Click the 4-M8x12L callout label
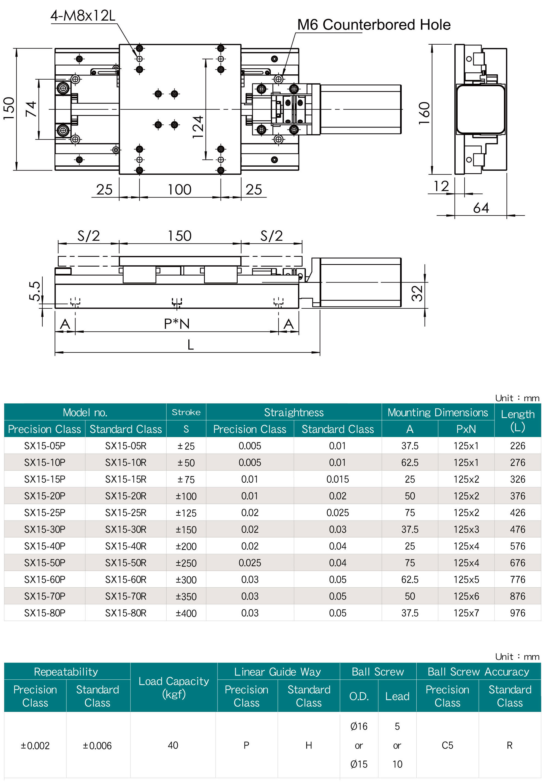(83, 16)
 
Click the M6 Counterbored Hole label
(374, 25)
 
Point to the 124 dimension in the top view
(198, 127)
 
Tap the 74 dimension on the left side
(31, 109)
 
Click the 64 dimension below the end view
(481, 208)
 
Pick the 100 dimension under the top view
(179, 190)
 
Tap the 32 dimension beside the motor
(417, 293)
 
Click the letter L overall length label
(191, 345)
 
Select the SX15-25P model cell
(44, 512)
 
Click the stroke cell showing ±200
(186, 546)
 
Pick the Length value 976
(517, 613)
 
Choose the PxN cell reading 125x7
(466, 613)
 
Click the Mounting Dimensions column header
(438, 413)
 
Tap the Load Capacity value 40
(173, 745)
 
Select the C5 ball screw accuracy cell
(447, 745)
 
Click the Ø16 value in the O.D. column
(359, 726)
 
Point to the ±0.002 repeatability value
(35, 745)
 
